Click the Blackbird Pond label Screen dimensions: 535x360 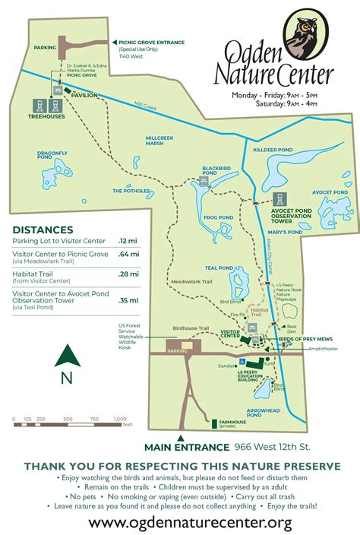(x=216, y=171)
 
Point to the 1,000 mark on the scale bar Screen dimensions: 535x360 (x=120, y=419)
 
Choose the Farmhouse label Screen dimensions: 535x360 (x=233, y=423)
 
